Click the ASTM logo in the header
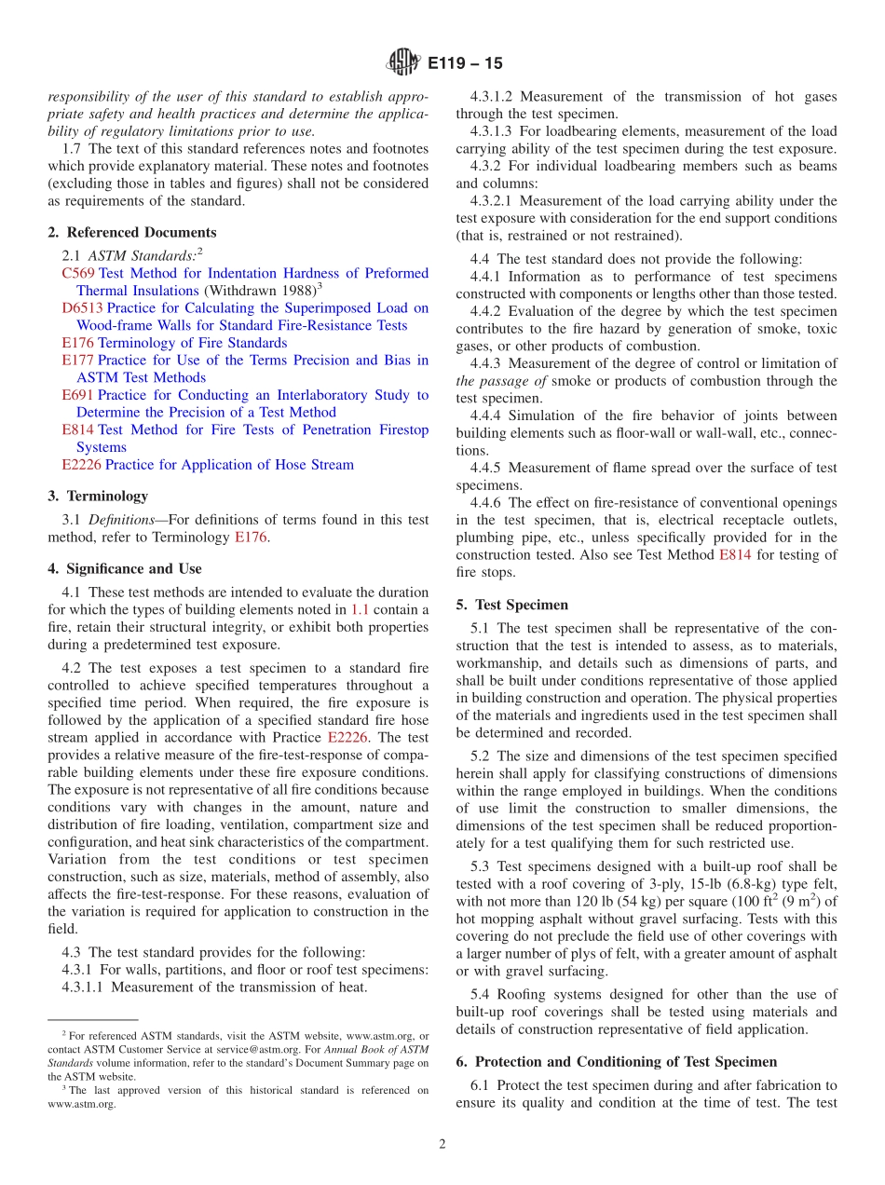click(403, 63)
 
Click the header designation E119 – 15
click(465, 63)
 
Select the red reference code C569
click(78, 273)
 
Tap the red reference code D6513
click(82, 307)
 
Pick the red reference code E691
click(78, 395)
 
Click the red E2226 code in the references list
click(82, 464)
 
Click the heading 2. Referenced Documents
click(132, 232)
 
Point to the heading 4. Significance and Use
click(125, 568)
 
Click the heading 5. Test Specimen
click(512, 605)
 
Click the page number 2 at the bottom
click(442, 1144)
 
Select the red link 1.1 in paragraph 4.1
click(360, 610)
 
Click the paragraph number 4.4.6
click(488, 502)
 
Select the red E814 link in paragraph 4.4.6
click(735, 554)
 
